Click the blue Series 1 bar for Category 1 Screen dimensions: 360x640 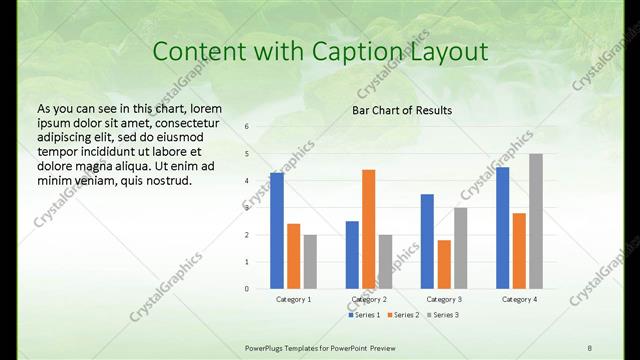(x=277, y=231)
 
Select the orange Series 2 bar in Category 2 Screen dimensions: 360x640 (x=368, y=229)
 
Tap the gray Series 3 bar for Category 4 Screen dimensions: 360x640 (x=536, y=221)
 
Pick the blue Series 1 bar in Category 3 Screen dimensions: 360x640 (x=427, y=241)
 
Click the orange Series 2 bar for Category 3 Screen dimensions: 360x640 (x=444, y=264)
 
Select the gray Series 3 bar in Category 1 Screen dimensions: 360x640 (x=310, y=261)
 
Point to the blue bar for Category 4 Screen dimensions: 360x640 (x=502, y=228)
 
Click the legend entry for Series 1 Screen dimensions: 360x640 (x=365, y=315)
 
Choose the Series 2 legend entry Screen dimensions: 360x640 (x=402, y=315)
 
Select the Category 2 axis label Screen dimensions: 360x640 (x=369, y=299)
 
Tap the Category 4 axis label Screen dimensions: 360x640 (x=519, y=299)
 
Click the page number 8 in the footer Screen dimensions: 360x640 (x=589, y=346)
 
